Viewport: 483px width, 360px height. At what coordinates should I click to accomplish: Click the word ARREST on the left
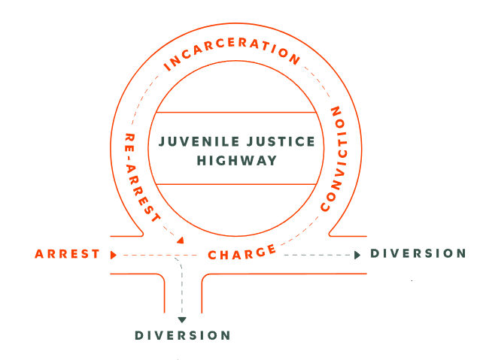point(68,254)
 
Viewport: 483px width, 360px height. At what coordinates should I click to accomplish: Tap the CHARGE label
point(242,254)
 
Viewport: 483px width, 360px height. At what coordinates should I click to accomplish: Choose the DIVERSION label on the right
point(418,253)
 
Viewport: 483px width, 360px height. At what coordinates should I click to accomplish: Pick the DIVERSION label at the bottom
point(183,335)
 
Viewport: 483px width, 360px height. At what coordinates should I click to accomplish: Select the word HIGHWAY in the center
point(237,160)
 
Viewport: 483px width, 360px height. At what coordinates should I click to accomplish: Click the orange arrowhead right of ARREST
point(113,255)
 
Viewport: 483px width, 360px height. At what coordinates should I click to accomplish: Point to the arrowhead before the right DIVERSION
point(357,255)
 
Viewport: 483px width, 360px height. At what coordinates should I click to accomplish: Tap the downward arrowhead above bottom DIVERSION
point(182,319)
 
